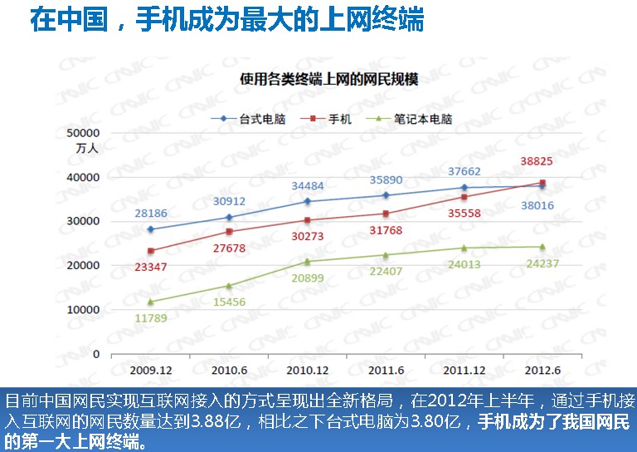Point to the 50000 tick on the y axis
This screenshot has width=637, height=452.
point(83,133)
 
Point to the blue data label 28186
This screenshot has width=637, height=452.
point(152,214)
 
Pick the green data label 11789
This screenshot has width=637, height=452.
point(150,317)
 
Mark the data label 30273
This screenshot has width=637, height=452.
point(307,235)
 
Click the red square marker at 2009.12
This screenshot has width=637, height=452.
point(150,251)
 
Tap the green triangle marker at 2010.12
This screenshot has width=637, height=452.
point(307,261)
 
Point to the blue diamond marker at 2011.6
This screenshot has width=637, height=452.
point(386,195)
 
